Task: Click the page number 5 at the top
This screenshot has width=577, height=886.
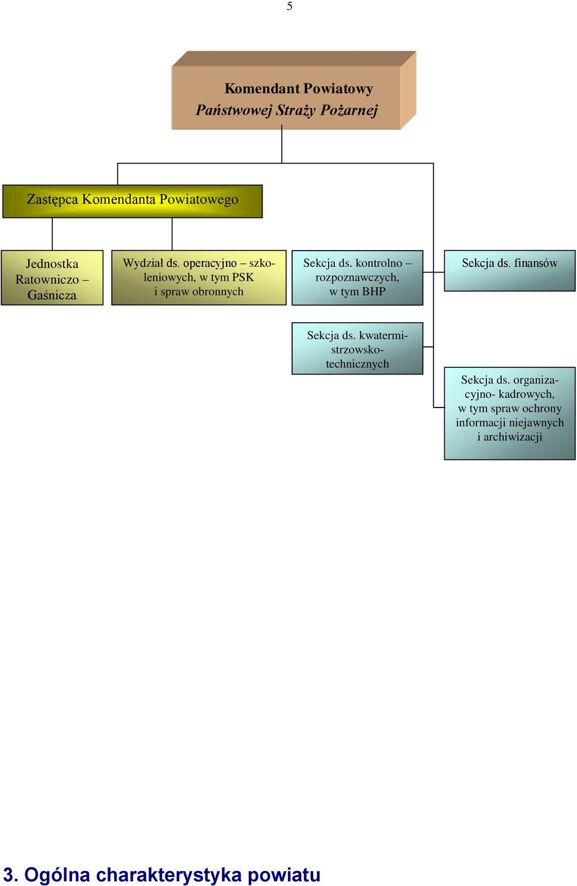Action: point(290,7)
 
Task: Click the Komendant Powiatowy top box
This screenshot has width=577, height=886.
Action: point(293,90)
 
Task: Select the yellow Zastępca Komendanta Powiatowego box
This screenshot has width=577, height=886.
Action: point(132,201)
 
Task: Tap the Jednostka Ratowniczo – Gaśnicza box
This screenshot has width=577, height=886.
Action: point(52,278)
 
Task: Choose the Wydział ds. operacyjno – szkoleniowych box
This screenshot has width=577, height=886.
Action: point(199,278)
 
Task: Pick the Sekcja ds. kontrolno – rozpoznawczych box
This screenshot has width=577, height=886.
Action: point(358,278)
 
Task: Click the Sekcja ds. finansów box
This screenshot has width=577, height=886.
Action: point(510,270)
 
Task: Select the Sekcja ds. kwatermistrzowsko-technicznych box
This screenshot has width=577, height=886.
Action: point(358,349)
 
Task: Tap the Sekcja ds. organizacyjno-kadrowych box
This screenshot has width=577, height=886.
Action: point(510,414)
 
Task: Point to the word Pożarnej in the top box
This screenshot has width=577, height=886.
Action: point(349,110)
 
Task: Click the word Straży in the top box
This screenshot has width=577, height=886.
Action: point(296,110)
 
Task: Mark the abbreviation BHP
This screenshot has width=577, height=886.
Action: point(374,292)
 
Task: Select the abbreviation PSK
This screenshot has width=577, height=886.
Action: point(243,277)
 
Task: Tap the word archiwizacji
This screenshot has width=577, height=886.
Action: point(513,437)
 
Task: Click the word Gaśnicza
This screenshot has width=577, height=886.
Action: point(52,295)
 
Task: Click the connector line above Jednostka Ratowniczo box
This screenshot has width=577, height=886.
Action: point(52,234)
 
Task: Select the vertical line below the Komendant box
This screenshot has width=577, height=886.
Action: point(281,144)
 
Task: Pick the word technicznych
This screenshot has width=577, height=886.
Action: point(358,364)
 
